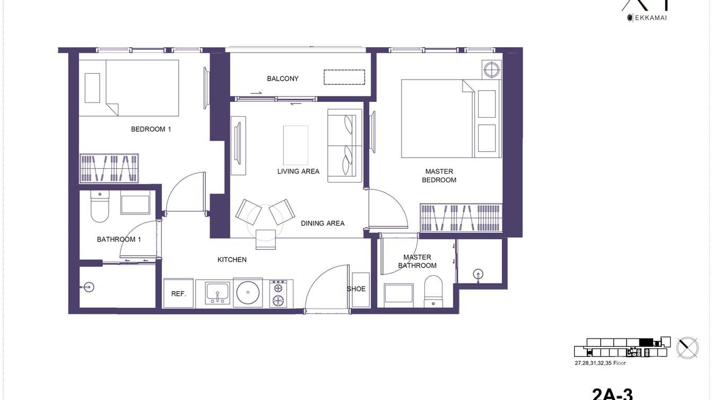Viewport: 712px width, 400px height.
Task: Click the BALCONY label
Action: click(x=282, y=79)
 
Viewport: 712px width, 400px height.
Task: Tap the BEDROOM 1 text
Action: click(x=151, y=129)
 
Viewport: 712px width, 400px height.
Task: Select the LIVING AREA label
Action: click(x=298, y=171)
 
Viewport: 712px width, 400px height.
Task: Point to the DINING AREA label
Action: click(x=323, y=223)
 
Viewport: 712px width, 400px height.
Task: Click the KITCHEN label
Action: click(x=232, y=260)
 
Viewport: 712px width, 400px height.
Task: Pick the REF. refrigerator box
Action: click(x=179, y=293)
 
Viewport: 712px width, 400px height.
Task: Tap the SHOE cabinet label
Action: click(x=356, y=289)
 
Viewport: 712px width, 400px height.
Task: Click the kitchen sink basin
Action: click(x=217, y=292)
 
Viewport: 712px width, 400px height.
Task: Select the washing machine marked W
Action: click(x=248, y=292)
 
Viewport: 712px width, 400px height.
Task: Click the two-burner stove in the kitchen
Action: click(x=278, y=294)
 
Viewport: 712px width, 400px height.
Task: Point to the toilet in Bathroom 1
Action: click(x=99, y=207)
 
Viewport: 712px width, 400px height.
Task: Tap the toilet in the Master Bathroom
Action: click(x=433, y=291)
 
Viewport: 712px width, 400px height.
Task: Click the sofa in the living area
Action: click(x=344, y=145)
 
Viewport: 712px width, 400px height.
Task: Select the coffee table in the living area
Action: click(x=296, y=145)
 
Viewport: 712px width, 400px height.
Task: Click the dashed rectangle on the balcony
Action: click(x=344, y=77)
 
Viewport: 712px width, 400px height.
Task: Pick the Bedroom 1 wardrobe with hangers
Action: click(x=109, y=168)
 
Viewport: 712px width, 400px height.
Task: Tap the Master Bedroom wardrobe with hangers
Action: click(x=461, y=217)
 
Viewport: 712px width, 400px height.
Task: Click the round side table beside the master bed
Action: click(x=491, y=69)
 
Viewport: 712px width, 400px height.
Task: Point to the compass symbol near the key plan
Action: click(x=687, y=347)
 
